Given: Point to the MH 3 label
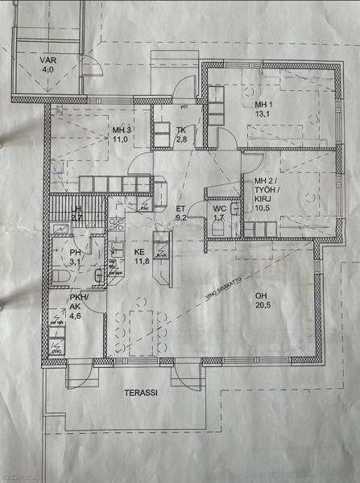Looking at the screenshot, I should click(x=122, y=130).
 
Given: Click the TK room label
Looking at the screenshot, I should click(x=181, y=130).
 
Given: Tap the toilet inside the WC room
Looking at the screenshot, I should click(x=234, y=210).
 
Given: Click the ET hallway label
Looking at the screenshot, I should click(x=181, y=207).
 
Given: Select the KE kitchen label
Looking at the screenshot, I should click(x=140, y=250).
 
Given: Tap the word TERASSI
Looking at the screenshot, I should click(x=140, y=394).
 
